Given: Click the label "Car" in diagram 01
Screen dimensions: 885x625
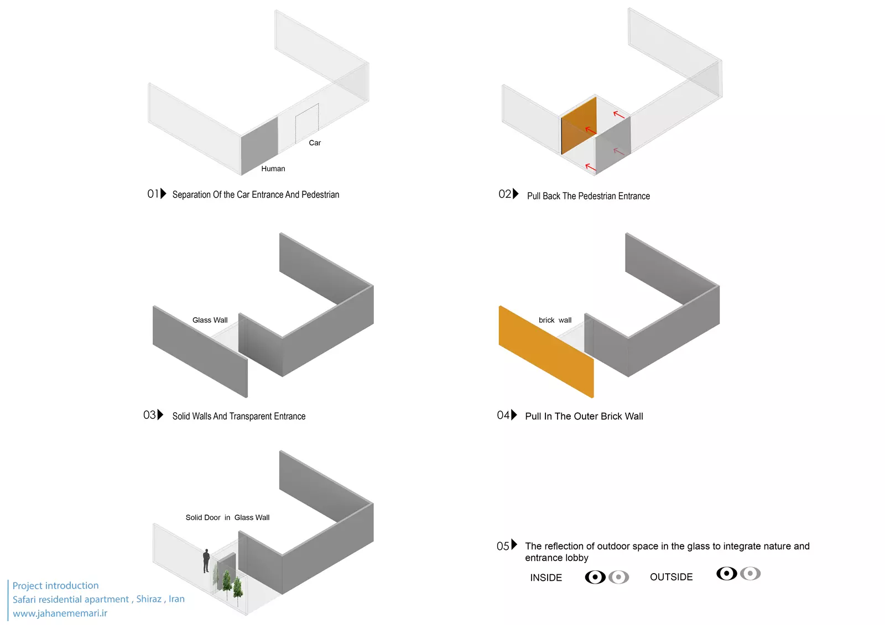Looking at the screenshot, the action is (x=315, y=143).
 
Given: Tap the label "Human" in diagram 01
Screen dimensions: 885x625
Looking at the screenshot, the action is (x=273, y=169).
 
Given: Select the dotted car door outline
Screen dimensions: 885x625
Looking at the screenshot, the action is (x=307, y=124).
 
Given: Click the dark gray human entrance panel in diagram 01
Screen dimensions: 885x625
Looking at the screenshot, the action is (x=259, y=146).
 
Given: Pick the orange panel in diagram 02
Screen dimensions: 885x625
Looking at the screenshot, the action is (x=579, y=125).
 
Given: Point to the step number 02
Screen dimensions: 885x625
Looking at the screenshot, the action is (x=504, y=195).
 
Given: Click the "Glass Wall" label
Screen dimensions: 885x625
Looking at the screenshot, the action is (x=210, y=320).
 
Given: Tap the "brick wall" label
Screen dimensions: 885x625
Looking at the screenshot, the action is (x=555, y=320).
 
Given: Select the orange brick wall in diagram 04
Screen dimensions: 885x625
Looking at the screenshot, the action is (x=546, y=351).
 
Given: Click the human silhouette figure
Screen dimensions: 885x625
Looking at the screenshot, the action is (x=206, y=561).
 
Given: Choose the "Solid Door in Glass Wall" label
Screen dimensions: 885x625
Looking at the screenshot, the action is (x=227, y=518).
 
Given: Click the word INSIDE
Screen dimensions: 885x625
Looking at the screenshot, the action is (x=545, y=577).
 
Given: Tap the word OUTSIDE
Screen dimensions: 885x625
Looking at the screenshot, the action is (x=671, y=577).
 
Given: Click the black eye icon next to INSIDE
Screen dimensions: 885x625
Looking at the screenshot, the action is (x=595, y=577).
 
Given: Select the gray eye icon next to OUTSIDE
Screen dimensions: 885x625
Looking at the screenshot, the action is (x=750, y=573).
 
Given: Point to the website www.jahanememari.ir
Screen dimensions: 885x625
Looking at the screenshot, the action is (x=60, y=613).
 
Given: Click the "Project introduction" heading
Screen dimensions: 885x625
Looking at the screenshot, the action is (x=55, y=586).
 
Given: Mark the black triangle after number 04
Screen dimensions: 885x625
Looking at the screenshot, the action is (x=514, y=414).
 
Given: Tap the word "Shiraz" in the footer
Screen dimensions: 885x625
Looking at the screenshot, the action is (x=149, y=599).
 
